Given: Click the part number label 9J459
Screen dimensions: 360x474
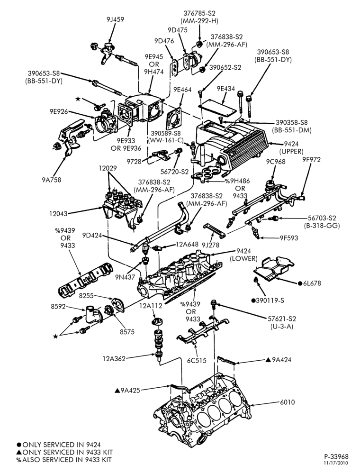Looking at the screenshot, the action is (x=115, y=19).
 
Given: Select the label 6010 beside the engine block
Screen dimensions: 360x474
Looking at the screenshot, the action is (x=287, y=402).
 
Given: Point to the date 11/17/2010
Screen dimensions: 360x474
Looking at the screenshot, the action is (x=336, y=463).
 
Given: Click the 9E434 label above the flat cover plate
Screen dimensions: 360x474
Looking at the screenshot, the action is (x=225, y=89).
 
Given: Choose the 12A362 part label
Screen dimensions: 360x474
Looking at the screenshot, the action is (x=114, y=359).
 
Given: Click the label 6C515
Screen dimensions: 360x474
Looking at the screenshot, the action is (x=196, y=360).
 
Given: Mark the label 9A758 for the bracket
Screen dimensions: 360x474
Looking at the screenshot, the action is (x=51, y=180).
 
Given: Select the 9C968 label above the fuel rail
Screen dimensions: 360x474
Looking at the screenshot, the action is (x=276, y=162).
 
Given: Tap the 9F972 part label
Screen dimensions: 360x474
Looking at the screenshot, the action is (x=311, y=160).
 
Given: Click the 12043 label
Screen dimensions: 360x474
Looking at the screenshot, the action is (x=58, y=214).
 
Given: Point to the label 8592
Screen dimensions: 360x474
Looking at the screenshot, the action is (x=58, y=307).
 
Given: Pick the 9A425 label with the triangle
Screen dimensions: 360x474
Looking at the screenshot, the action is (x=127, y=390).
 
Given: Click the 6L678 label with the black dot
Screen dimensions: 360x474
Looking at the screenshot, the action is (x=309, y=283).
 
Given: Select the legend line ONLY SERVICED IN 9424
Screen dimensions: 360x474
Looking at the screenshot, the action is (x=59, y=445).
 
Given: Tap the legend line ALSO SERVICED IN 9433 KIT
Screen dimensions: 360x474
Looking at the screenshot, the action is (x=64, y=460).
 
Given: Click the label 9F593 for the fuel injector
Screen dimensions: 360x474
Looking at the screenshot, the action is (x=288, y=238).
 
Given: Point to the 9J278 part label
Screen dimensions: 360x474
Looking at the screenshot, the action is (x=210, y=245).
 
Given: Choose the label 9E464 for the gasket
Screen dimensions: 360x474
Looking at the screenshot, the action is (x=182, y=90).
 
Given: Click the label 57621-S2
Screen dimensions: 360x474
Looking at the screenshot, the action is (x=282, y=319).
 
